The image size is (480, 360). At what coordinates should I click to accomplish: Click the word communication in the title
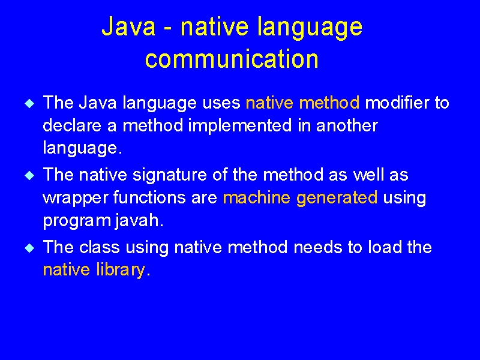232,59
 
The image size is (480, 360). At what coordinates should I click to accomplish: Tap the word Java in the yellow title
128,26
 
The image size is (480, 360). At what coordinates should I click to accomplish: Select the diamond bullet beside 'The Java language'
29,103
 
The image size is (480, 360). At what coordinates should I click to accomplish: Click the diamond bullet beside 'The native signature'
29,175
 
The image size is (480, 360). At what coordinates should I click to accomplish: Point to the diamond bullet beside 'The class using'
29,248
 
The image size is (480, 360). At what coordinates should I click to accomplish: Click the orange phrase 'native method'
302,103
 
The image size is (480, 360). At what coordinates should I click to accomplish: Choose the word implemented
239,126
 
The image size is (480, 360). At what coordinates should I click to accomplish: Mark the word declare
72,125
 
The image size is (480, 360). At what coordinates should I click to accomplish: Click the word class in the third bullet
99,247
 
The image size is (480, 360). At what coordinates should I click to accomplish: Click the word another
347,125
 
